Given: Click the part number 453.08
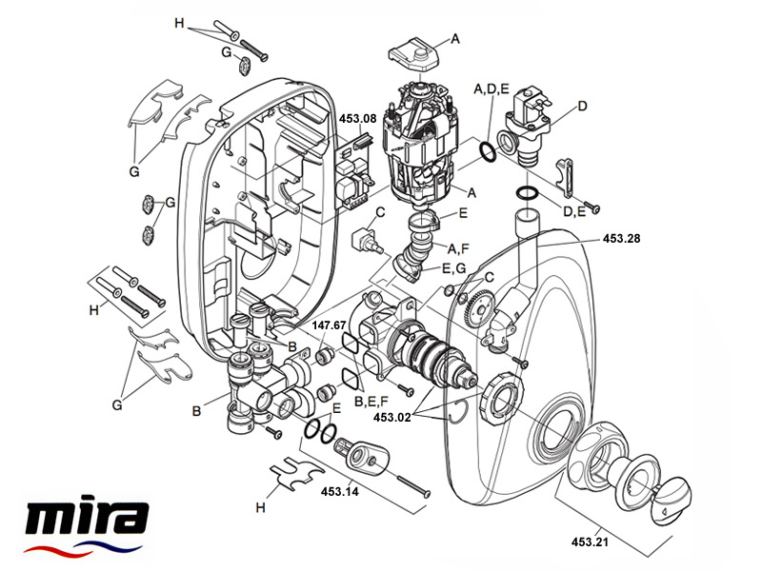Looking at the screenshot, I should (358, 118).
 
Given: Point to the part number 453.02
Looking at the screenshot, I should (394, 416).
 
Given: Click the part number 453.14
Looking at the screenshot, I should (339, 491).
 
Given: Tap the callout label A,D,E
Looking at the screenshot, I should (491, 88).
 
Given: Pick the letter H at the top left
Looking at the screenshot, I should (177, 21).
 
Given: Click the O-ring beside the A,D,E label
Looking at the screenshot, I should (487, 151).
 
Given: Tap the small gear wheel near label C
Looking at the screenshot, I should (479, 311).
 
